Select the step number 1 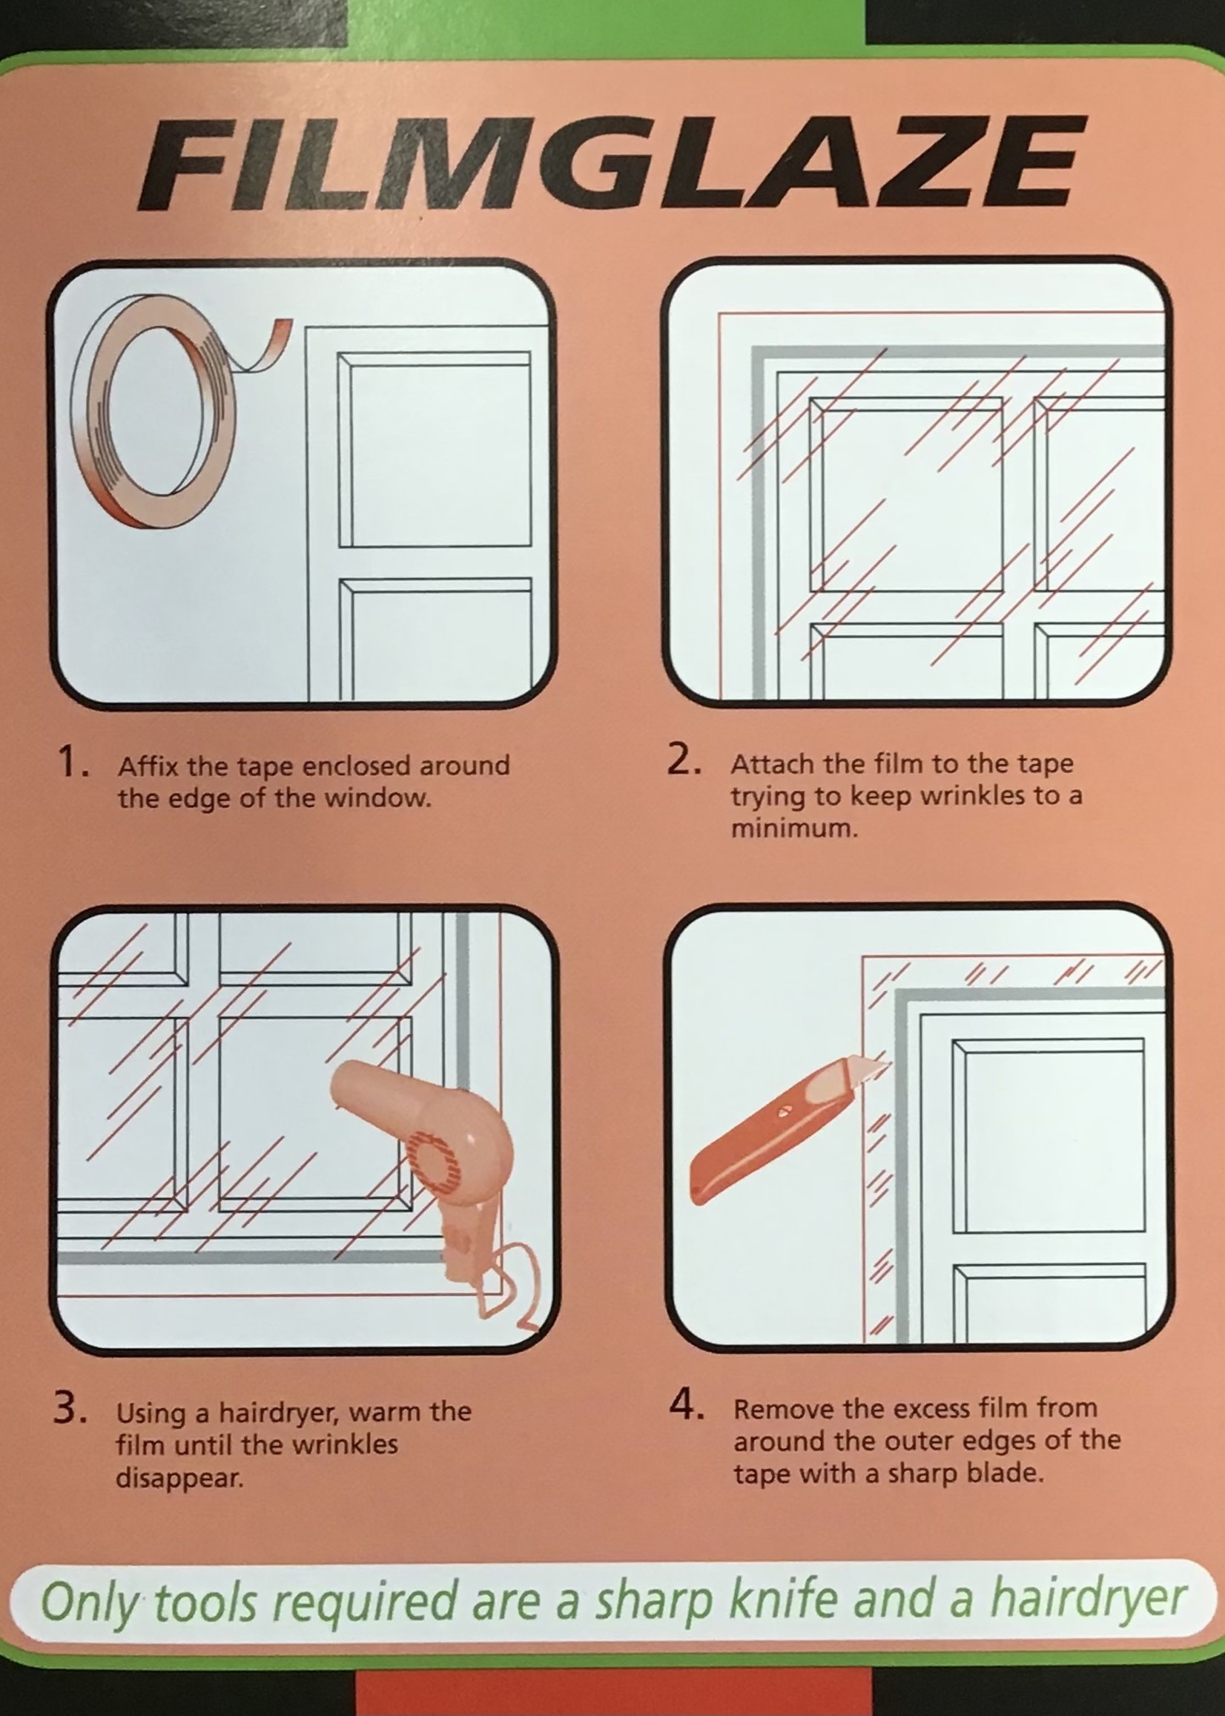click(74, 763)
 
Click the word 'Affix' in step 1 click(148, 766)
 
